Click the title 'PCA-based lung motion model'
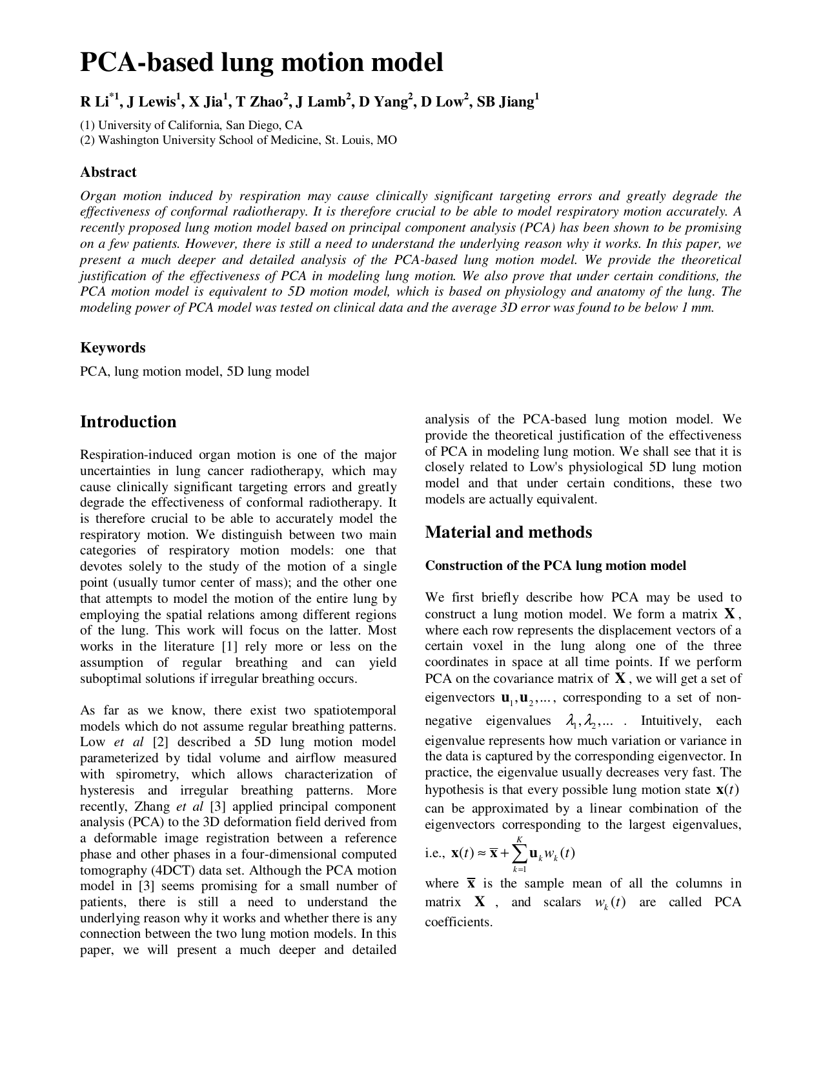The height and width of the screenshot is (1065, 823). click(x=261, y=63)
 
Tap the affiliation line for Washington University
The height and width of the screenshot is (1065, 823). click(x=238, y=140)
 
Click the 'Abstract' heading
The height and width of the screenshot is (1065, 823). click(x=108, y=172)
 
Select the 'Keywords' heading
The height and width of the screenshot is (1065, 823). click(x=112, y=348)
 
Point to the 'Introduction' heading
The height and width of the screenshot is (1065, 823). click(x=128, y=422)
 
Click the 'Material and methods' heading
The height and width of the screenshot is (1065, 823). click(x=508, y=532)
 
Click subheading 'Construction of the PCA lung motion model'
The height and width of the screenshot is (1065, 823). click(x=555, y=566)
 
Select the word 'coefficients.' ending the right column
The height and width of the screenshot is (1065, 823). click(x=458, y=922)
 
